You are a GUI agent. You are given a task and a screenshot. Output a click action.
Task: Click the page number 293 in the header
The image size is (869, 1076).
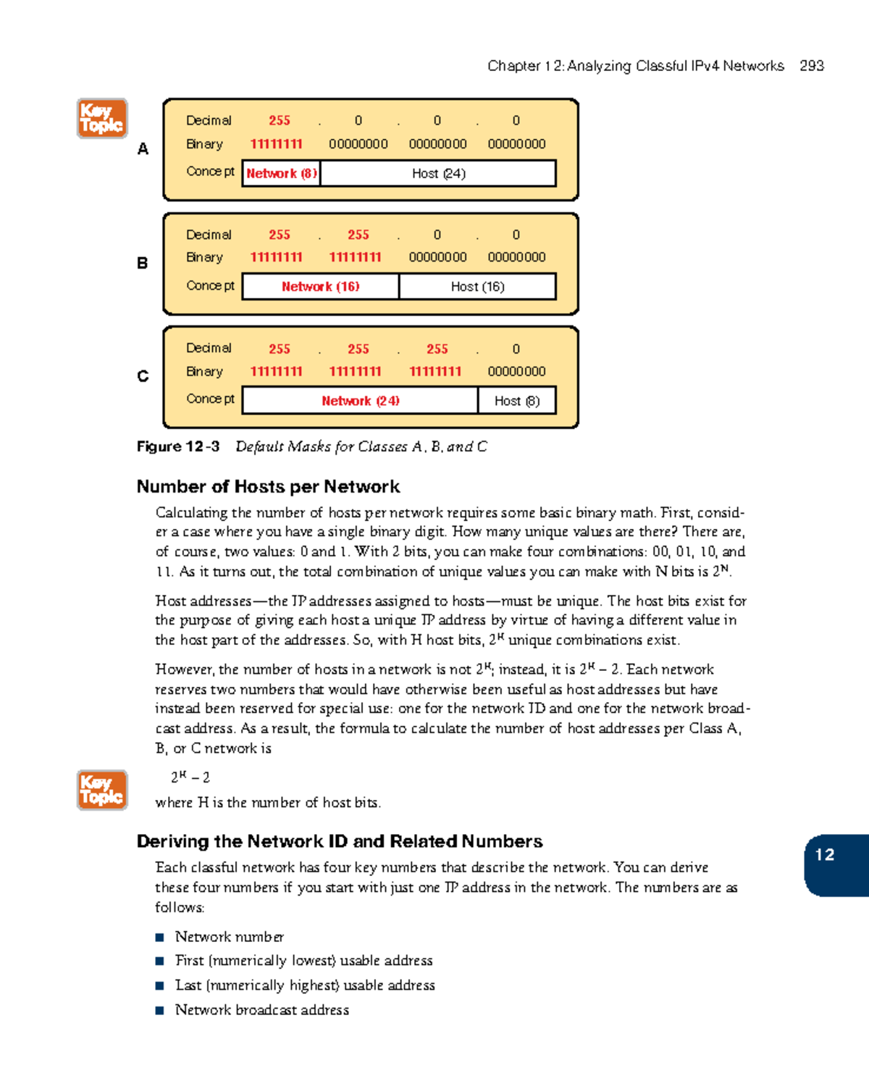[811, 66]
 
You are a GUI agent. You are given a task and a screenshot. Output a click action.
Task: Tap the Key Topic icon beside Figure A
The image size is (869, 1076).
[102, 119]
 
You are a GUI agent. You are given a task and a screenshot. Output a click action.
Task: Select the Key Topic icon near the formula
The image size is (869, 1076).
[102, 790]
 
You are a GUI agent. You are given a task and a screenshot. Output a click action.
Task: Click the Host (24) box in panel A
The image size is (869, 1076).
[438, 173]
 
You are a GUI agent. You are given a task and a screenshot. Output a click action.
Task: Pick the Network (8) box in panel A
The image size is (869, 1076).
[281, 173]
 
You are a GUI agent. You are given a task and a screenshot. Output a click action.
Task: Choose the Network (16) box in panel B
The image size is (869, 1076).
[320, 286]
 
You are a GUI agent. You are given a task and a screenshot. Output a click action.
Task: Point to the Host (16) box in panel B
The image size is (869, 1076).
[477, 286]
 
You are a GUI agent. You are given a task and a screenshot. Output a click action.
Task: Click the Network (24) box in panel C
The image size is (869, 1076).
[360, 401]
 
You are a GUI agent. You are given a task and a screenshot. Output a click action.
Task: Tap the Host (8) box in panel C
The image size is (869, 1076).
[516, 401]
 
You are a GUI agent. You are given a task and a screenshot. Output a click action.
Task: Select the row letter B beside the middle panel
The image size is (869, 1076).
[143, 263]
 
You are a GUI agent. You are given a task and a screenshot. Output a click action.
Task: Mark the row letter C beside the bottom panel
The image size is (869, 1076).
[143, 376]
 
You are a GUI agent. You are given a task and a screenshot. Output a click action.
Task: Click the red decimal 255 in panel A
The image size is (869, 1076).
[280, 120]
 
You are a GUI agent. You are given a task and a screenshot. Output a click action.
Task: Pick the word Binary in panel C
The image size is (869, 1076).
[204, 371]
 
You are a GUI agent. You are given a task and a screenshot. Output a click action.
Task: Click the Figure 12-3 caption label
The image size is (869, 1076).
[178, 446]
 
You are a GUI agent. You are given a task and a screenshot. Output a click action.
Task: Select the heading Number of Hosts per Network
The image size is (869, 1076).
[268, 486]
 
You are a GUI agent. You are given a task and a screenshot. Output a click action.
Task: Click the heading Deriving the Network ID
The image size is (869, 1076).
[340, 841]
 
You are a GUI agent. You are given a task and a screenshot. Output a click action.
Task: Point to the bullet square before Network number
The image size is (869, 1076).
[160, 938]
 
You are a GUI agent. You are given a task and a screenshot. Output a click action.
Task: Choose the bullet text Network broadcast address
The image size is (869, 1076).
[261, 1010]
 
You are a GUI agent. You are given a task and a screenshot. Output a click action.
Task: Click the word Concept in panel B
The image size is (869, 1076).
[210, 285]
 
